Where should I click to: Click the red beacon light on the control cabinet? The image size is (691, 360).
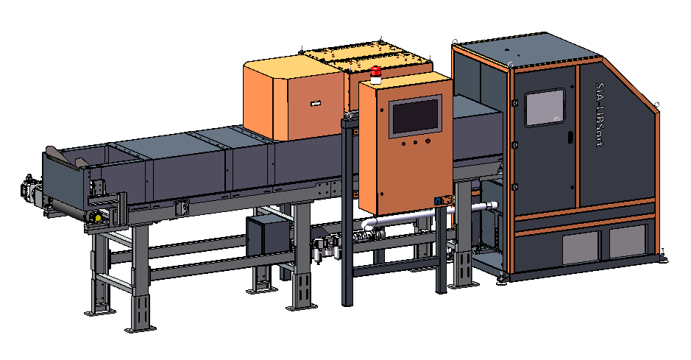tap(375, 74)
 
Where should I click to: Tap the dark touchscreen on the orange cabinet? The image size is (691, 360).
tap(416, 116)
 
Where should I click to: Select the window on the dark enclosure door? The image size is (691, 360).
tap(545, 107)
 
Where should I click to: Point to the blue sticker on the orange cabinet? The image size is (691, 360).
tap(438, 200)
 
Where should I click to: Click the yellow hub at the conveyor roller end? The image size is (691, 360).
tap(98, 217)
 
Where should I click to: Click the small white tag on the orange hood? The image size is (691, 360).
tap(316, 104)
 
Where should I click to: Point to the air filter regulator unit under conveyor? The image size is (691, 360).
tap(327, 249)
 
